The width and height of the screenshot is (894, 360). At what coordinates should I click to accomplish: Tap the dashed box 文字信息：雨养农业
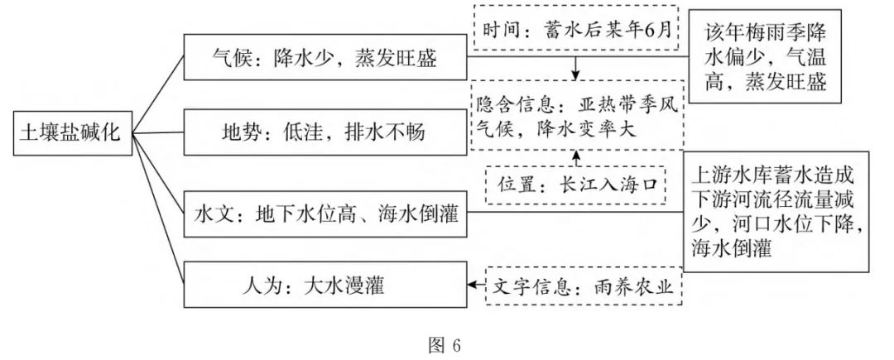(x=583, y=287)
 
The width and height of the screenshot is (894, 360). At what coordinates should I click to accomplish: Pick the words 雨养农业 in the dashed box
(x=640, y=287)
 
